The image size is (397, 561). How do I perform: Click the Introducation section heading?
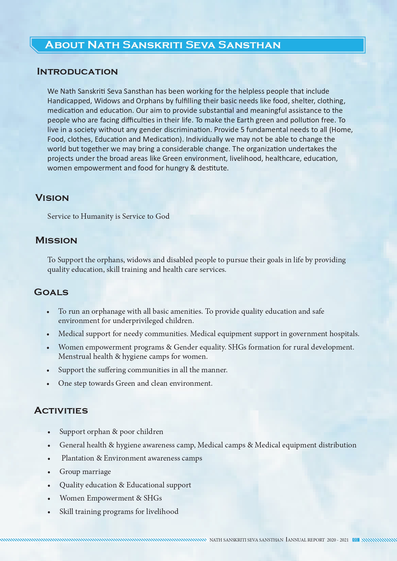77,71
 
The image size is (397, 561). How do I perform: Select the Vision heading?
52,198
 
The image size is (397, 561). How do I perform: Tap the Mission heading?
56,240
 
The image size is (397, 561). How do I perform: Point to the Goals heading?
51,292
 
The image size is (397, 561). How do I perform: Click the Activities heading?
61,410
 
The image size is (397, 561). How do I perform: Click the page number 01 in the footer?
355,540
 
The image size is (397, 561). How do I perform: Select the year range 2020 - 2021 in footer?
337,540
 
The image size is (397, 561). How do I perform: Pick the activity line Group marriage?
85,472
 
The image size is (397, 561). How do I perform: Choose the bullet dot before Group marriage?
49,472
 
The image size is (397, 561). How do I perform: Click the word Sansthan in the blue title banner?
249,45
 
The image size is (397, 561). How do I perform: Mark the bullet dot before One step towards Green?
48,384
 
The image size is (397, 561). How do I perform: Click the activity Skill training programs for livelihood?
119,511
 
